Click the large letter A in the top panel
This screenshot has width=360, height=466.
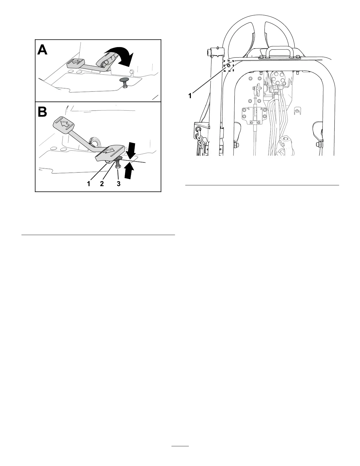pos(42,50)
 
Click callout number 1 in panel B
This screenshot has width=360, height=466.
pos(89,184)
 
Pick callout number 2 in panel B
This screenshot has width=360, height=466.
pos(102,184)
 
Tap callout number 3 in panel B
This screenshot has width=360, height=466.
pos(118,184)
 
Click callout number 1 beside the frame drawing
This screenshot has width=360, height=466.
pos(190,96)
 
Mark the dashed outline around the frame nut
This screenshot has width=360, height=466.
pos(228,66)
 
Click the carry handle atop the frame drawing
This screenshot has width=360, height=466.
pos(278,53)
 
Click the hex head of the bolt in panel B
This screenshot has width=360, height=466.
pos(118,167)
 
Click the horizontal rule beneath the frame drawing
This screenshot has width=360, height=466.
pos(262,185)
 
